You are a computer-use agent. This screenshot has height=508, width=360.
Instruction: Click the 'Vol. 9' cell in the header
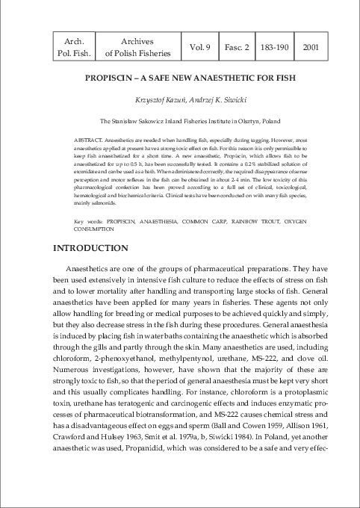click(198, 46)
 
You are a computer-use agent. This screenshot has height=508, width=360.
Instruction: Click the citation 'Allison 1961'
click(298, 444)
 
